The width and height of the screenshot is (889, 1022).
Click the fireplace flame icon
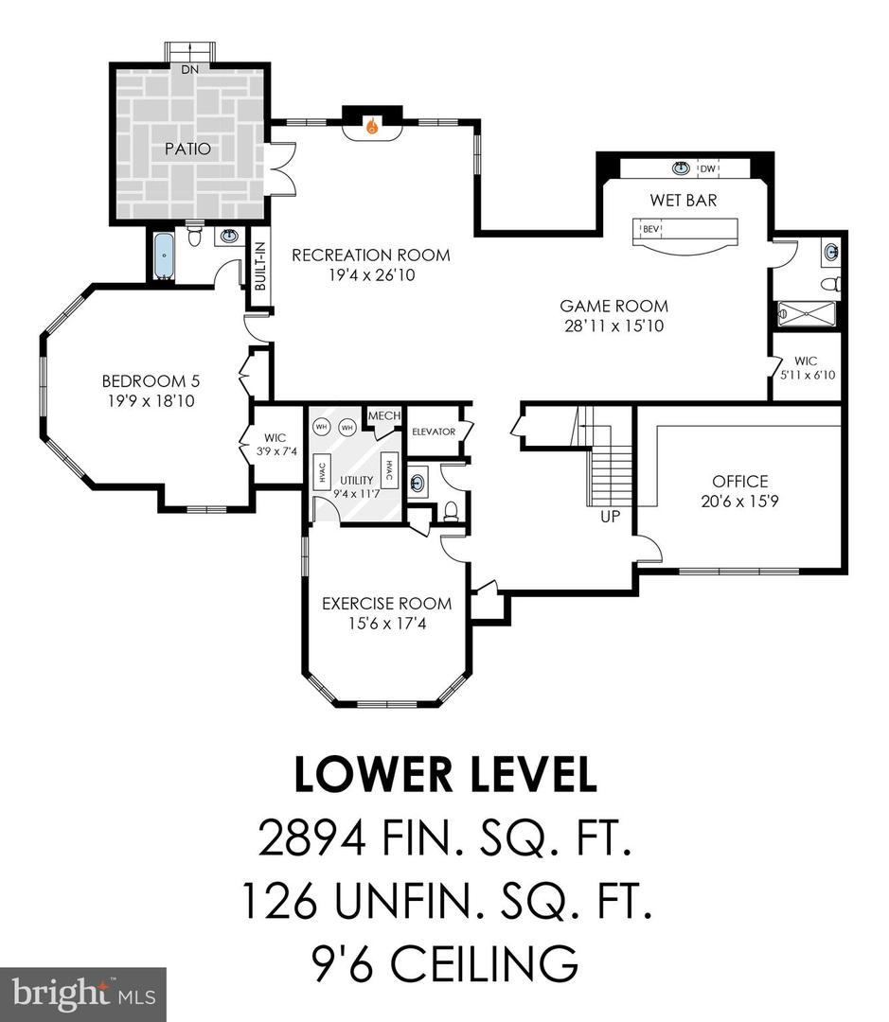point(372,125)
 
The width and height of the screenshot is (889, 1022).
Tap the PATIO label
point(187,149)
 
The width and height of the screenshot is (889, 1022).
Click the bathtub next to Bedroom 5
point(164,256)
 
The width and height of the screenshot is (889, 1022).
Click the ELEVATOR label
point(433,432)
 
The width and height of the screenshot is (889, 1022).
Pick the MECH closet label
point(382,416)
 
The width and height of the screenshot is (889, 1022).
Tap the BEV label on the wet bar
point(650,229)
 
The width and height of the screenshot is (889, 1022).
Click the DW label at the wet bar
point(706,169)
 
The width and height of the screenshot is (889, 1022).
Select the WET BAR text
point(683,201)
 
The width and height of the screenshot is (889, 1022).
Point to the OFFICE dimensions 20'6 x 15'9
point(740,502)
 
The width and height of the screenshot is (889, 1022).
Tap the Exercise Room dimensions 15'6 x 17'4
point(385,624)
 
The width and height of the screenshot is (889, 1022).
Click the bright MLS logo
point(82,994)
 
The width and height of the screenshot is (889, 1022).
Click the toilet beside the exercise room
point(451,512)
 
